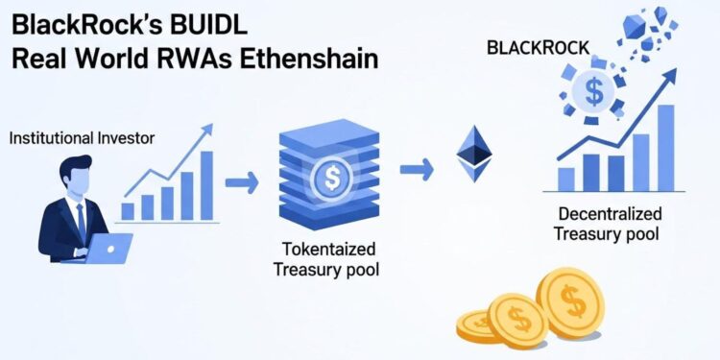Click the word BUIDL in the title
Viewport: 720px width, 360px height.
[x=258, y=21]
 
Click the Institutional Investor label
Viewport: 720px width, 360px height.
[x=82, y=138]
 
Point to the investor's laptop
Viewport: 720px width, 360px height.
[x=110, y=249]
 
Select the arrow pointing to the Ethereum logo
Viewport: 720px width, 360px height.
[x=416, y=170]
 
